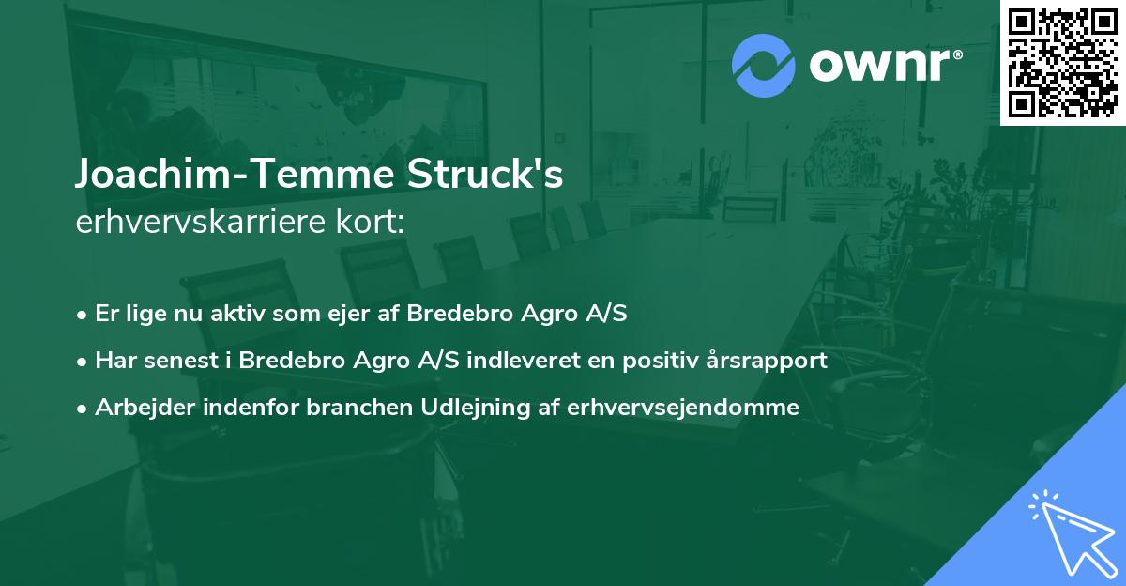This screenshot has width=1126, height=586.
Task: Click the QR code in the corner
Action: pos(1062,62)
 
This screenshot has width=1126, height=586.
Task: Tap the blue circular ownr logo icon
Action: pos(763,65)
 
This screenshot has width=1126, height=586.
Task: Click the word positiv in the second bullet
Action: pos(667,360)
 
